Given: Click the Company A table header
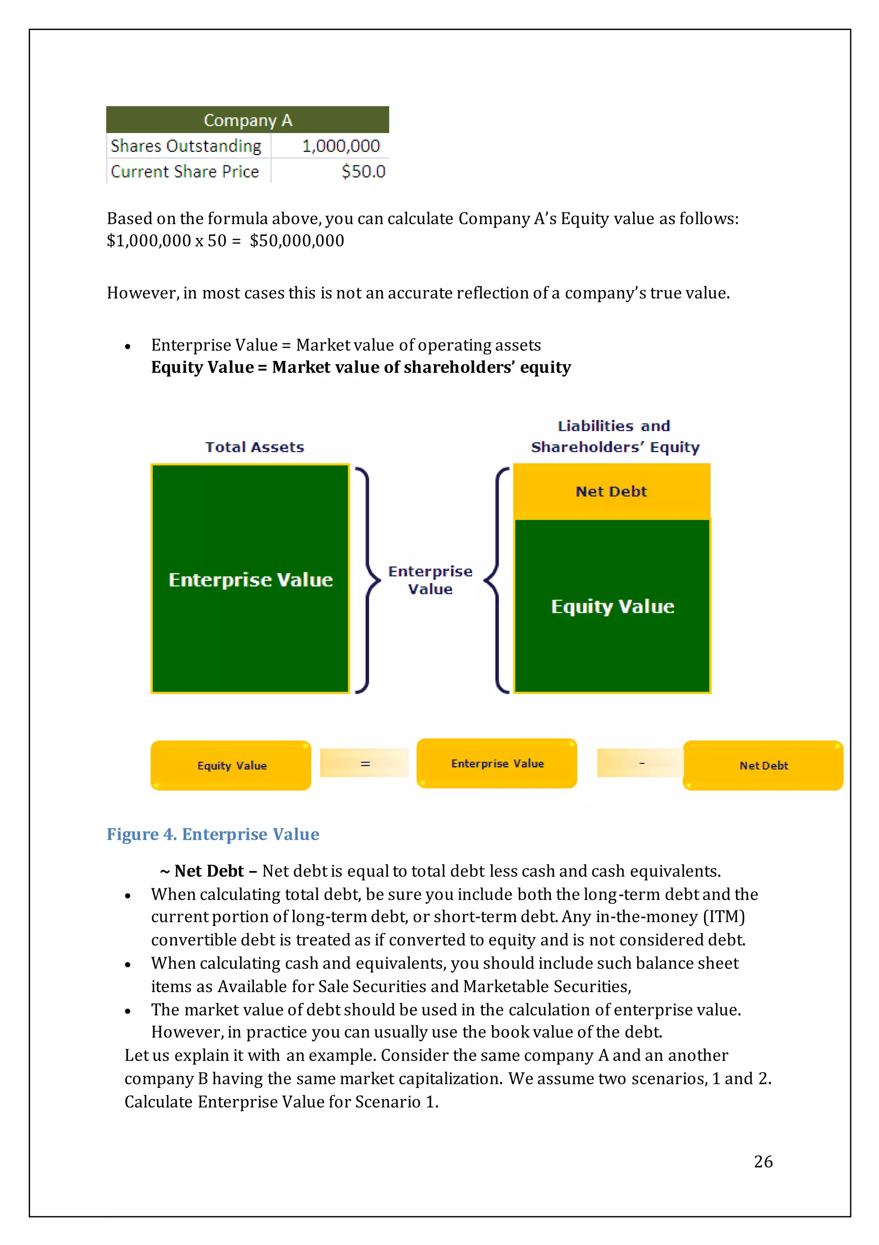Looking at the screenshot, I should tap(247, 120).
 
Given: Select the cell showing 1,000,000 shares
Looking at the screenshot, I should tap(340, 146).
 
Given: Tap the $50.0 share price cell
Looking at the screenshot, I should tap(363, 171).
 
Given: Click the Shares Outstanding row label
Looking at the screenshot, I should tap(186, 146).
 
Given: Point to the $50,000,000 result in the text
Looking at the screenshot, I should tap(297, 241).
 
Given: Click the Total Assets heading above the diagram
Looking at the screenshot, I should tap(255, 447).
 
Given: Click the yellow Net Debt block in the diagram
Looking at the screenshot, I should tap(611, 491).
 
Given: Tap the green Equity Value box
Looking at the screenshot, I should tap(612, 606).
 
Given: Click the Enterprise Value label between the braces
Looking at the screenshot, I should tap(430, 580).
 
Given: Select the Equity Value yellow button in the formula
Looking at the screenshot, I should tap(231, 765).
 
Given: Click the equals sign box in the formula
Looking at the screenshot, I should tap(365, 763).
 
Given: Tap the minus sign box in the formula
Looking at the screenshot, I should tap(641, 763).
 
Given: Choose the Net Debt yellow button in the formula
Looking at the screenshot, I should tap(763, 765).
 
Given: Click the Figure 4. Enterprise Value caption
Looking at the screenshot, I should tap(212, 834).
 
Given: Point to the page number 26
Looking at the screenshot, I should tap(763, 1161).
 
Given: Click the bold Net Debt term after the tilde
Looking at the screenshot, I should tap(209, 871).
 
